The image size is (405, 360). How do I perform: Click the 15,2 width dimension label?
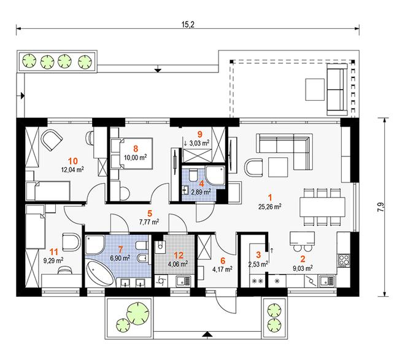click(188, 25)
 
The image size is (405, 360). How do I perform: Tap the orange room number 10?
click(73, 161)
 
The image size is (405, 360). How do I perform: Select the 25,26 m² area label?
click(269, 206)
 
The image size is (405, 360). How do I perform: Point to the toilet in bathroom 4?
click(193, 175)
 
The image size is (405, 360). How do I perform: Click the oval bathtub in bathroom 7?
click(100, 273)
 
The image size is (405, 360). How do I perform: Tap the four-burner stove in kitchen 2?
click(344, 260)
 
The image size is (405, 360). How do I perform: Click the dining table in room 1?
click(322, 207)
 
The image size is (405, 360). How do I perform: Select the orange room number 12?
click(179, 256)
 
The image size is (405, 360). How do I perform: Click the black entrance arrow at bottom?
click(207, 334)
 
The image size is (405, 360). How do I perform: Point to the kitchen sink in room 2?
click(327, 281)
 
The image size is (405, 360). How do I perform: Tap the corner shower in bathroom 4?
click(215, 175)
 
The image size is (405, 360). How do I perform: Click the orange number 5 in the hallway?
click(150, 213)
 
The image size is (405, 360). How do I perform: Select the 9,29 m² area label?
click(54, 260)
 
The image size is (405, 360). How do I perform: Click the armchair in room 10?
click(52, 140)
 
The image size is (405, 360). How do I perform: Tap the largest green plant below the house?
click(138, 313)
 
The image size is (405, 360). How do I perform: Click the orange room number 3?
click(258, 255)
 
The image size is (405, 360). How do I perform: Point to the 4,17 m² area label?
click(222, 269)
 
